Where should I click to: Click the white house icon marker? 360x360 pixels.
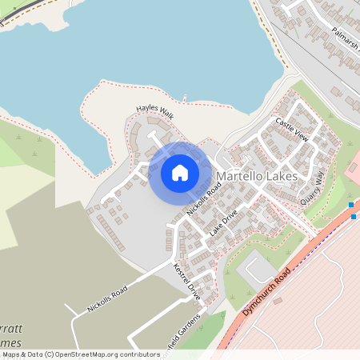click(x=180, y=172)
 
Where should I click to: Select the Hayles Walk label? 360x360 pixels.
click(x=154, y=111)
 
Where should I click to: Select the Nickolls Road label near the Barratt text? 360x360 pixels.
click(x=107, y=299)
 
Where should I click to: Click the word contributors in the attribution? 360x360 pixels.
click(x=138, y=354)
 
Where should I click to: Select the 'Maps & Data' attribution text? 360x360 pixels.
click(x=22, y=354)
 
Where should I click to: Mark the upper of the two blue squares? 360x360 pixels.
click(x=351, y=206)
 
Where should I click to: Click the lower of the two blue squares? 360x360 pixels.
click(x=354, y=216)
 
